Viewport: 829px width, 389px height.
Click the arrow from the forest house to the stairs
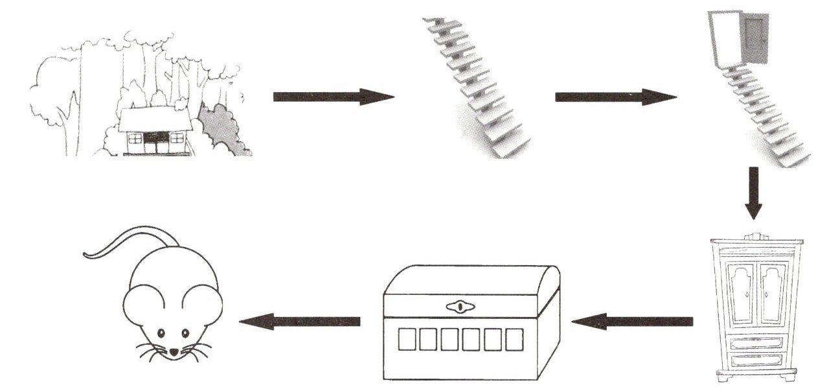click(333, 97)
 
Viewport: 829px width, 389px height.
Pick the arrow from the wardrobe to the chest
click(631, 321)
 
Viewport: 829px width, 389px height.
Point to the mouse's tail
click(130, 240)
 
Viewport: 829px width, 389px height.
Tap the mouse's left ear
click(144, 305)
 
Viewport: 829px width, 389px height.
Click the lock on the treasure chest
click(460, 306)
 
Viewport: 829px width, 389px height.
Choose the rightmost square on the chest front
click(514, 340)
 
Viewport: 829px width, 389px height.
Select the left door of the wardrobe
click(740, 295)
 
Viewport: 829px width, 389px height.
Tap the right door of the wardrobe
click(771, 295)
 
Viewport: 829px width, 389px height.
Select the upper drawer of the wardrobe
click(755, 342)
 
